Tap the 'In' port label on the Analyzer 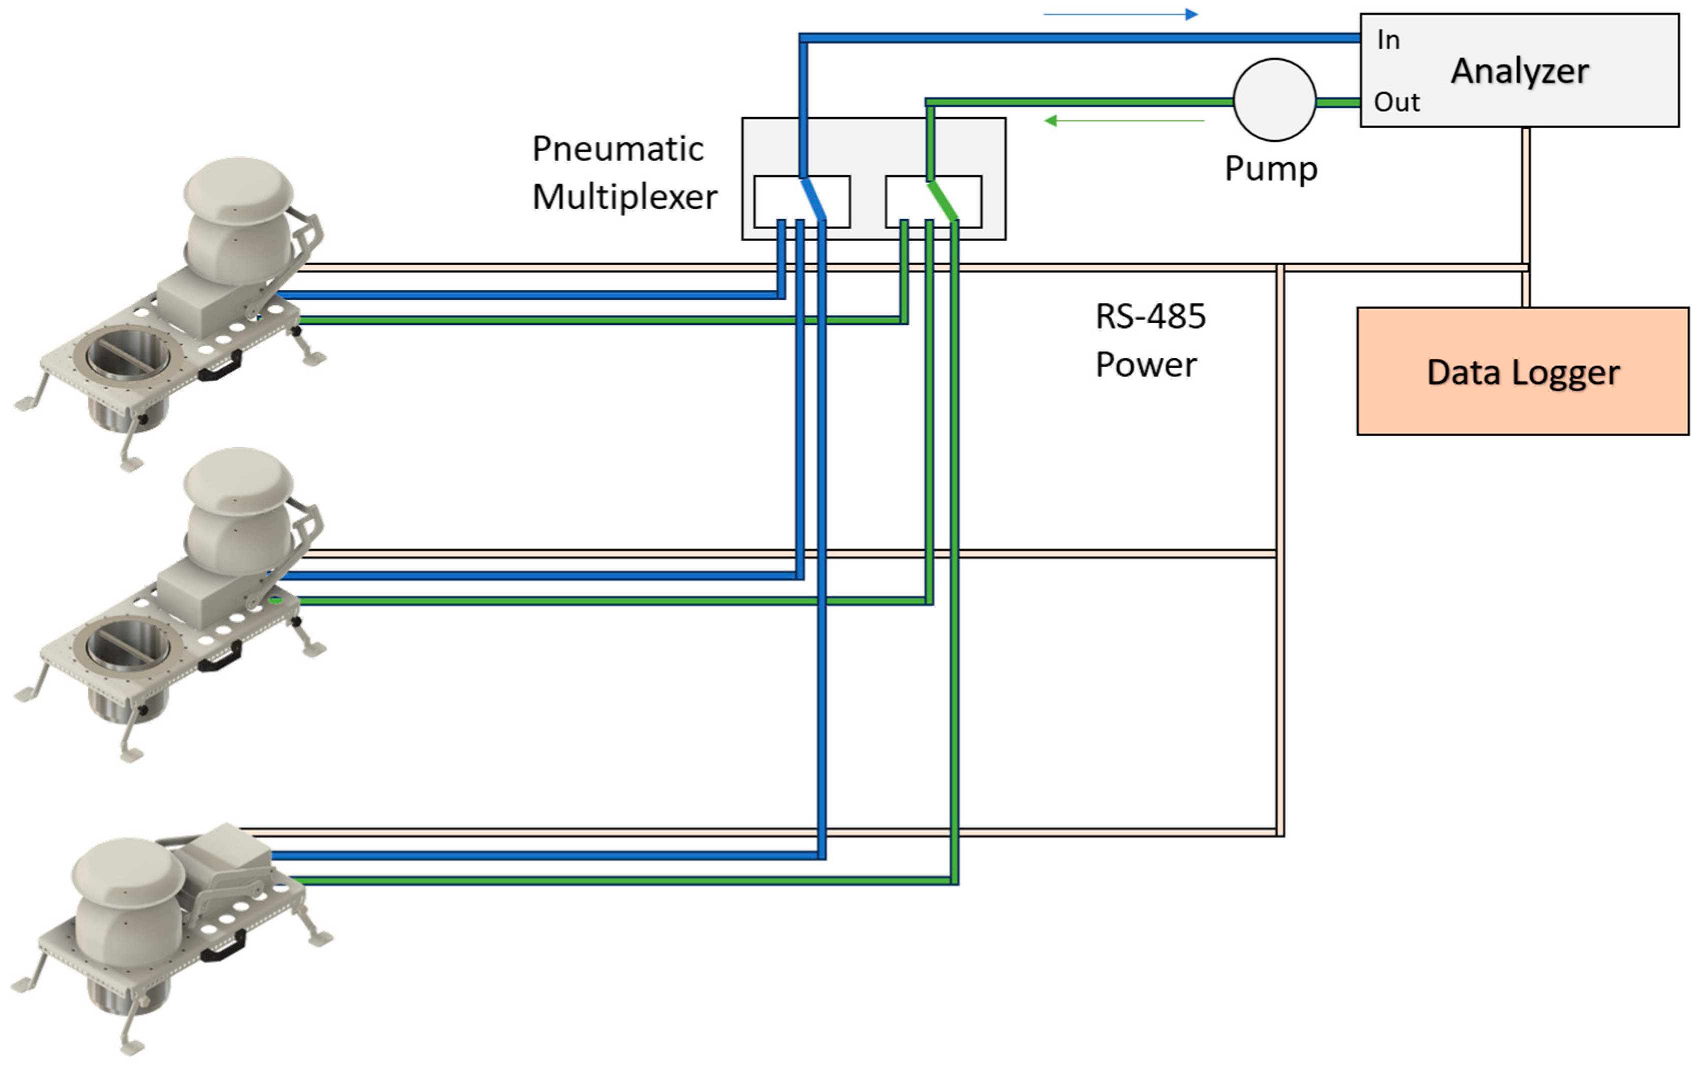coord(1388,41)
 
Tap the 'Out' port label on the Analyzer coord(1396,103)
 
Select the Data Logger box coord(1522,371)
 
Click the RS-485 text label coord(1150,317)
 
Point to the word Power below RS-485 coord(1146,365)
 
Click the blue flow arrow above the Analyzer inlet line coord(1120,14)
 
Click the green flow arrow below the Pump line coord(1123,121)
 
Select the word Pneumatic coord(617,149)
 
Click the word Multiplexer coord(624,197)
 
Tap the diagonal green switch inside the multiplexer coord(943,201)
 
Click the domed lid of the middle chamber coord(237,480)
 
